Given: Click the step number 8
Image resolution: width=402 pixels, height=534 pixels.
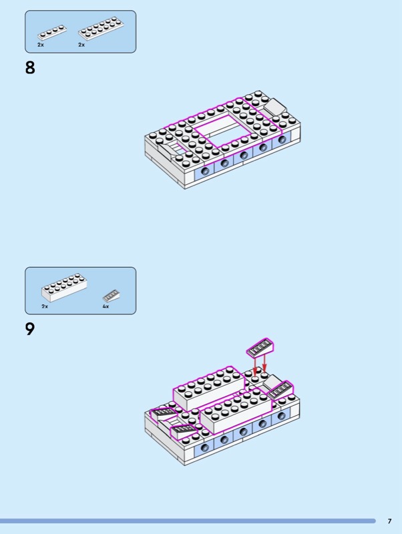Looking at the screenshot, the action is tap(30, 67).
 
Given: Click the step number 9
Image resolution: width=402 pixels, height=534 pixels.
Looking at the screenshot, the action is tap(30, 329).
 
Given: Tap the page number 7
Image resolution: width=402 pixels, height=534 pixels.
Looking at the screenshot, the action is tap(389, 521).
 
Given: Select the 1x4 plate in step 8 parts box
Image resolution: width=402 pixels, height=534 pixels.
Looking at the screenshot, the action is tap(52, 33).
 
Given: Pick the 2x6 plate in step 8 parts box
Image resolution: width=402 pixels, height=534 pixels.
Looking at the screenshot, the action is tap(101, 29).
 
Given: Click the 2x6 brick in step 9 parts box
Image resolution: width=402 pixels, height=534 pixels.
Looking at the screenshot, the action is tap(64, 288).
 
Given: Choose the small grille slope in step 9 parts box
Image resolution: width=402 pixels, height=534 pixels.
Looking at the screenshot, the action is tap(112, 295).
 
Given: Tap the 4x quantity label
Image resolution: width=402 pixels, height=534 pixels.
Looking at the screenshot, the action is tap(106, 306).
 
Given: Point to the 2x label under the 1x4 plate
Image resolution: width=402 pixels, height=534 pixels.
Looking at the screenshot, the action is tap(41, 45).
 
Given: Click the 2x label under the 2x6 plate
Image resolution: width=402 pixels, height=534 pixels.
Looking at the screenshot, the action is tap(81, 45).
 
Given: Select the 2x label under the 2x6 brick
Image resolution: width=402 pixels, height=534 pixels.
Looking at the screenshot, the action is tap(45, 306).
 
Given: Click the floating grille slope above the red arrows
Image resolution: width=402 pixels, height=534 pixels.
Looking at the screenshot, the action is tap(260, 348).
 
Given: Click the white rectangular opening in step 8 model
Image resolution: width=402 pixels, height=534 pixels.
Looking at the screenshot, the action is tap(223, 131).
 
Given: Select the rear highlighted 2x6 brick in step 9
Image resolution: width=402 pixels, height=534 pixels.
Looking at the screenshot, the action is tap(209, 388).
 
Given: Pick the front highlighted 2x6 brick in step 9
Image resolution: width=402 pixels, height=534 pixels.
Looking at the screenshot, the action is tap(236, 411).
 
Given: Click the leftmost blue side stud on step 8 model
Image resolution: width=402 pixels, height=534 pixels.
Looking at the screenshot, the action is tap(204, 170).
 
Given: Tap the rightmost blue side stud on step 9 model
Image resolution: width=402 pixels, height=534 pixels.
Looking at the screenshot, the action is tap(281, 415).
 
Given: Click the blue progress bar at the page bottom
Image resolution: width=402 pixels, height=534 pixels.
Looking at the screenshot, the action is tap(188, 521).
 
